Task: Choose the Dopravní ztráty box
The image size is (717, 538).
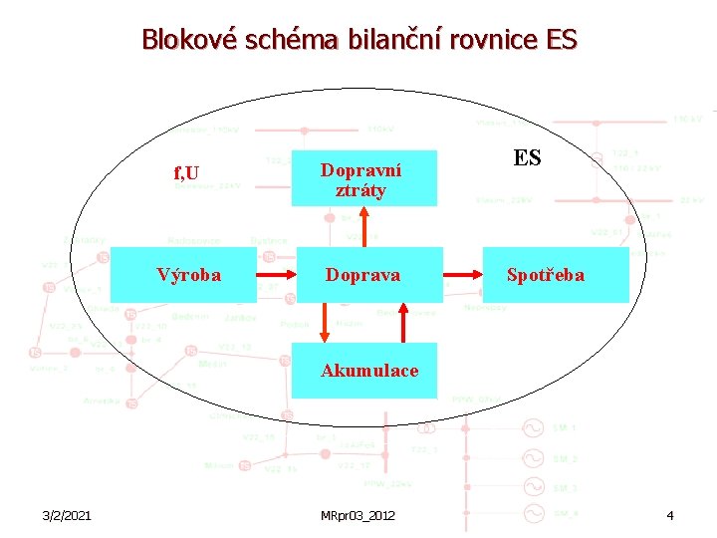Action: tap(363, 178)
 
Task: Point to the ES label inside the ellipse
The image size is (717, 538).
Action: tap(527, 158)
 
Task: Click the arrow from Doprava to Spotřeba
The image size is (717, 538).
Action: tap(463, 274)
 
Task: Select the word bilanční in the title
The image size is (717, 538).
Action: tap(391, 40)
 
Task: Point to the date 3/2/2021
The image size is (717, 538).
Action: tap(68, 515)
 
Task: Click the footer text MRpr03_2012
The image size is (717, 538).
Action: tap(358, 515)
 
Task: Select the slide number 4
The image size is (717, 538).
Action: tap(670, 515)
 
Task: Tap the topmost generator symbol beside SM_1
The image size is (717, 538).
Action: tap(535, 428)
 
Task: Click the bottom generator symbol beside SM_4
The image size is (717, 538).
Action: tap(535, 513)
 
